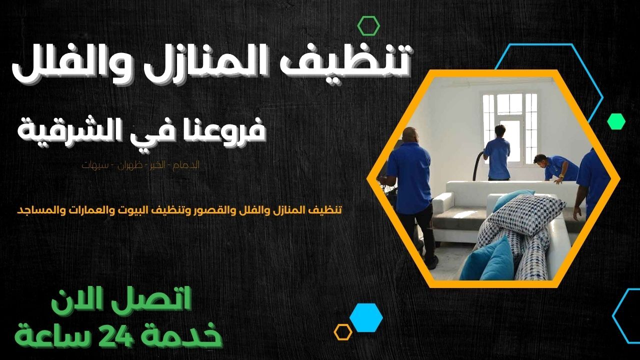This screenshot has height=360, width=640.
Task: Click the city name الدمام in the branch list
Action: (x=188, y=165)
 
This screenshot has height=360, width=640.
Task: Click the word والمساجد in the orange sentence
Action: (x=38, y=210)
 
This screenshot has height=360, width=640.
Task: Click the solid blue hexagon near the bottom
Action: (x=366, y=317)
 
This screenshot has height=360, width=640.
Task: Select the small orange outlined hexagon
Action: (x=343, y=331)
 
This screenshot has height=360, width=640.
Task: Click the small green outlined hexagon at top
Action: (x=368, y=25)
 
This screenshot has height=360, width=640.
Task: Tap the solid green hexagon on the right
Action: (x=616, y=121)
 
